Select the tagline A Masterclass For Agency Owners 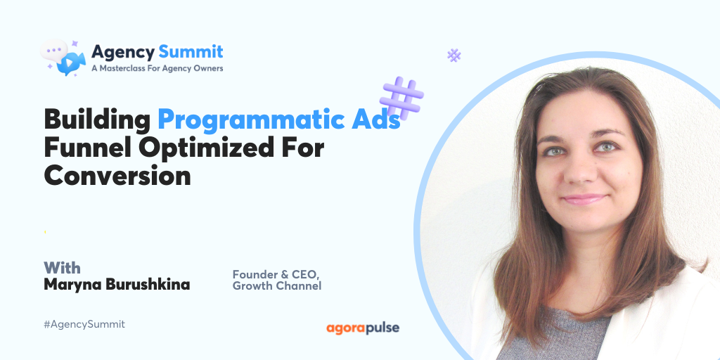pos(157,68)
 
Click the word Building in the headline pos(97,120)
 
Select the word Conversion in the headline pos(117,176)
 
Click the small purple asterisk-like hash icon pos(454,56)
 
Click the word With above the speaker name pos(63,268)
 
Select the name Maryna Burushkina pos(117,285)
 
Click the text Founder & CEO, pos(270,274)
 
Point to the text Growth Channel pos(277,286)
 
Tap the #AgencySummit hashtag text pos(84,324)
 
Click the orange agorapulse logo pos(363,328)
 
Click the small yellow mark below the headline pos(46,231)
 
